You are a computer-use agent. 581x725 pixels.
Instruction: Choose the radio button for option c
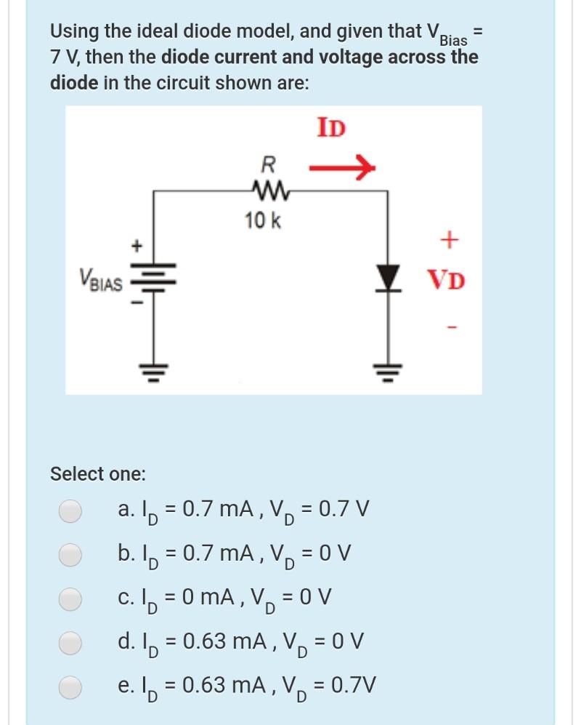70,599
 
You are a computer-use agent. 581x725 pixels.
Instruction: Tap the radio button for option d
70,643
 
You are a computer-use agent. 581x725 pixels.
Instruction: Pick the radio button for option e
70,686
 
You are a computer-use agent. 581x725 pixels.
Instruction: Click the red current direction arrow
341,170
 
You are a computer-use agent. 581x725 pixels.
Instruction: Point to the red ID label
331,128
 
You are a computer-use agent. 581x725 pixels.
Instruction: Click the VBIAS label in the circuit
101,280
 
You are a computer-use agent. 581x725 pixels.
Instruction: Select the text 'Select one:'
97,475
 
